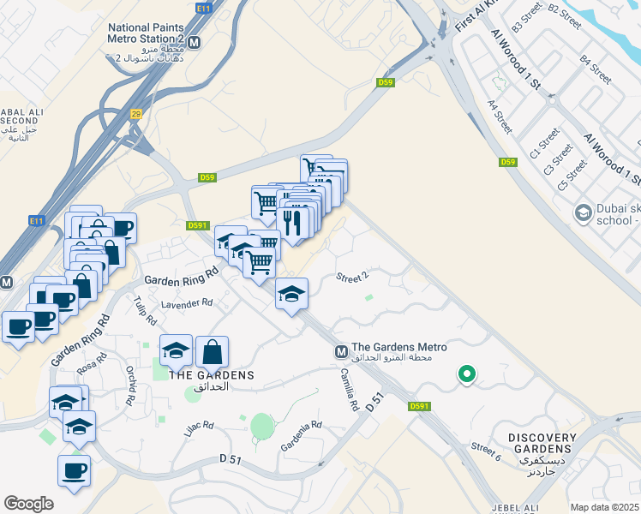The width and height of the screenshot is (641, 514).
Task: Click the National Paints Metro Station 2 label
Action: coord(146,33)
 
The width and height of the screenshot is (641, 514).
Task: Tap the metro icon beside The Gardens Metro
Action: coord(341,351)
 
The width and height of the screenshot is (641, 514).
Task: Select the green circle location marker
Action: coord(467,374)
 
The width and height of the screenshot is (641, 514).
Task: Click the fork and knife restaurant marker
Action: coord(293,224)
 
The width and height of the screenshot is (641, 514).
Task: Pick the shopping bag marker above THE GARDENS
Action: coord(212,351)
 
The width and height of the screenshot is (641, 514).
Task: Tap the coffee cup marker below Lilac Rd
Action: coord(74,470)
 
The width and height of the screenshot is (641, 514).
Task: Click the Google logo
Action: coord(28,504)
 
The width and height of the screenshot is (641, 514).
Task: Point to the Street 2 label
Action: coord(351,278)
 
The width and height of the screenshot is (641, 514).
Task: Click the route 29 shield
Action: coord(135,114)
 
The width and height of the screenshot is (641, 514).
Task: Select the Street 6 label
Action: coord(485,448)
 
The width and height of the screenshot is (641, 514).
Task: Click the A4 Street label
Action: coord(500,117)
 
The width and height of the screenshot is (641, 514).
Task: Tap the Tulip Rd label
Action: coord(146,309)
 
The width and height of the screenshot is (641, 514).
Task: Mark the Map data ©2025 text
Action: coord(603,507)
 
